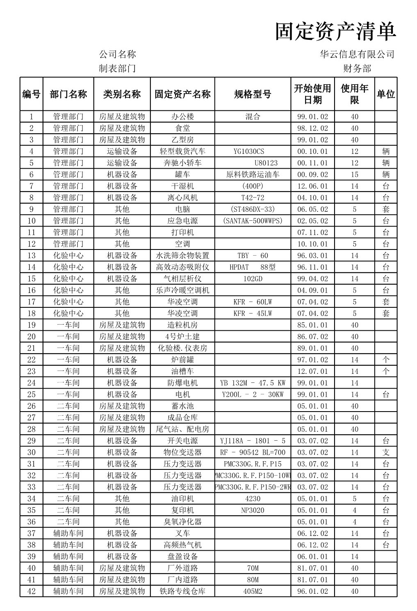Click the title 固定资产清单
coord(335,32)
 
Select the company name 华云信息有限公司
coord(357,54)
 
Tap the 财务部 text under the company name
coord(357,69)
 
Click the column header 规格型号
coord(253,94)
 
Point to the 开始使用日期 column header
coord(312,94)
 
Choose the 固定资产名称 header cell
coord(182,94)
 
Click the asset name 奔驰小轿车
coord(182,163)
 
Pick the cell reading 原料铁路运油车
coord(253,174)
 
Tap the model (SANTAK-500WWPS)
coord(253,221)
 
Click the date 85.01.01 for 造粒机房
coord(312,325)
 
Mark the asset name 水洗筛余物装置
coord(182,256)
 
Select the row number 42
coord(32,591)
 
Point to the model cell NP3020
coord(253,510)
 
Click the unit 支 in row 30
coord(386,453)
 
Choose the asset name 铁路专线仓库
coord(182,591)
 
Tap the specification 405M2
coord(253,591)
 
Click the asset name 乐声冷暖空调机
coord(182,290)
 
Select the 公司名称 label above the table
coord(117,54)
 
